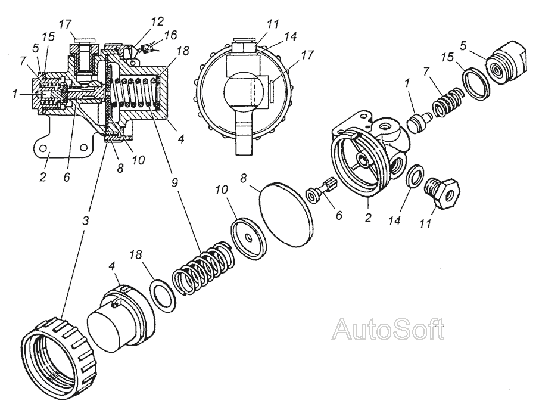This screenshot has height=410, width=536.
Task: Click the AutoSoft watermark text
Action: tap(388, 329)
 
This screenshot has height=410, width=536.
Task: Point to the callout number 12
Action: tap(157, 21)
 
